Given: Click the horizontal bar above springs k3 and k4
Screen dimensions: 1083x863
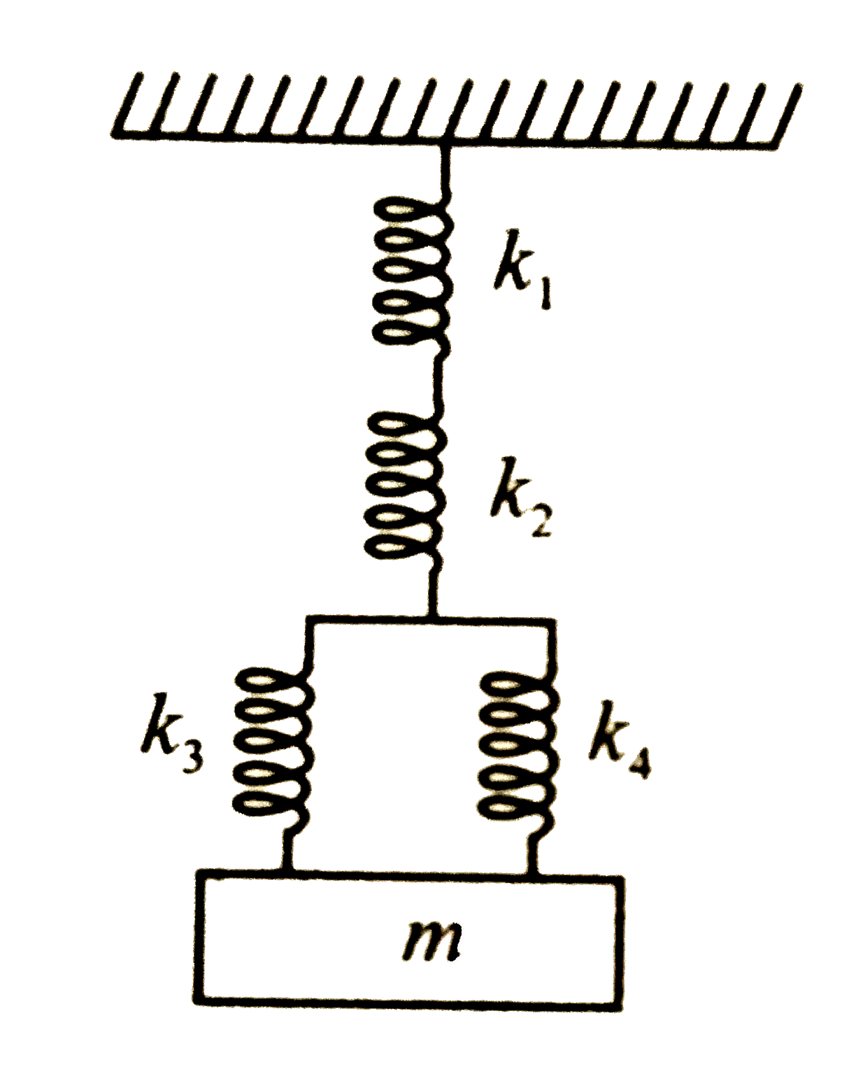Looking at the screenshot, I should [431, 618].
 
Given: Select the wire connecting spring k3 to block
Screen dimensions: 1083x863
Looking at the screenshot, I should [287, 850].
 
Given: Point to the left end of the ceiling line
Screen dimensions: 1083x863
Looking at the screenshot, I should [113, 133].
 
